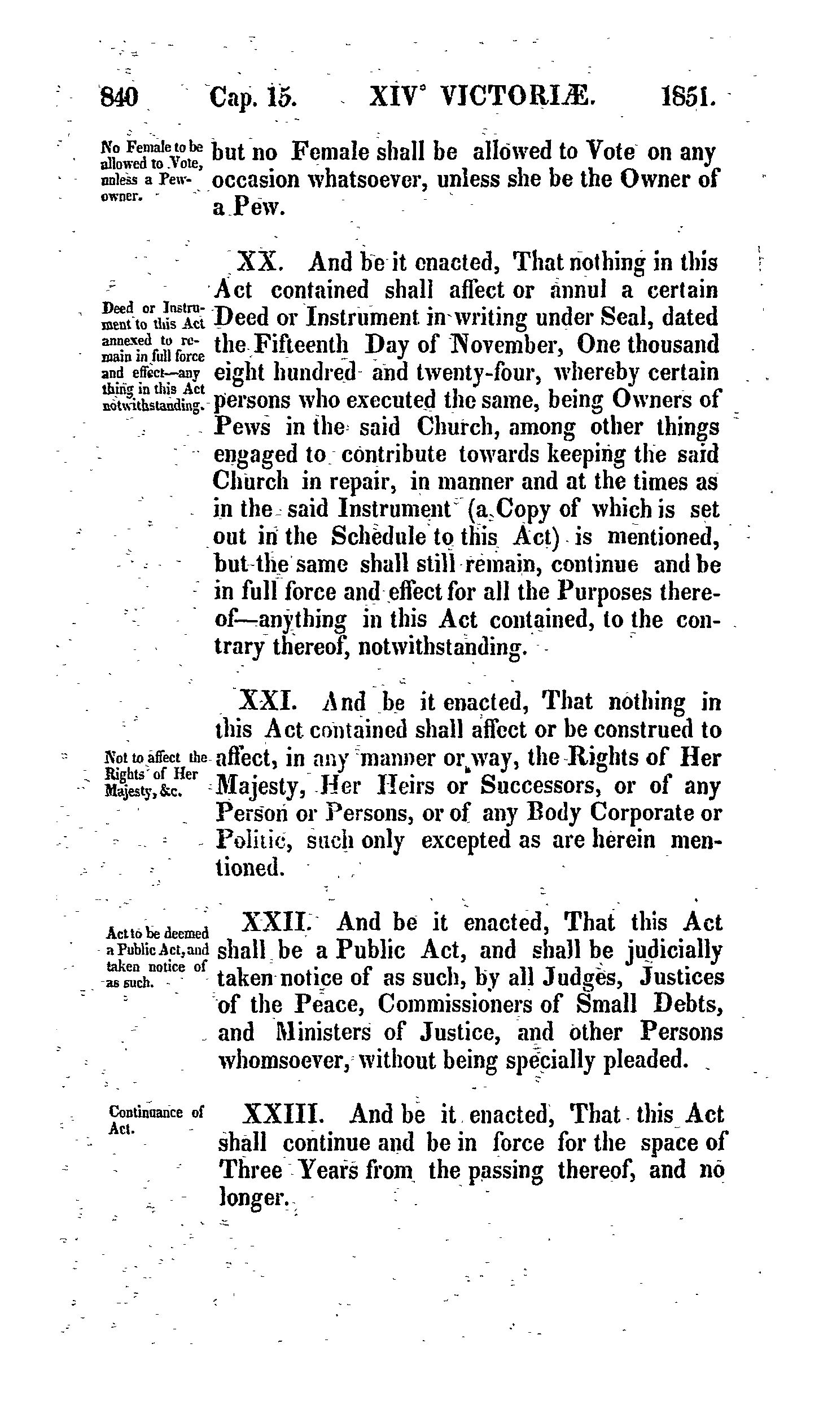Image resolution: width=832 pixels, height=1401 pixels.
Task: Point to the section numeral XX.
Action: click(257, 262)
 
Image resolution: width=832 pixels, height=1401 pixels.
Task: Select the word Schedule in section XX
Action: click(378, 537)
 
